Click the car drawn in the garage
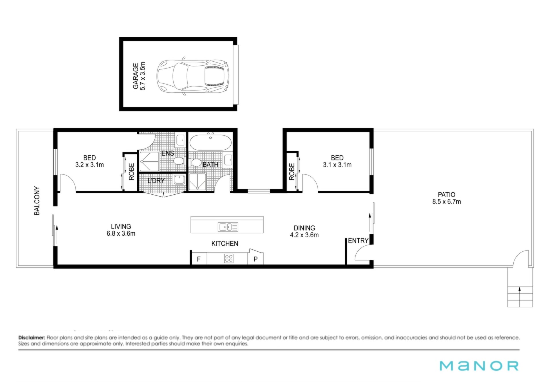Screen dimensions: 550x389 [x=193, y=76]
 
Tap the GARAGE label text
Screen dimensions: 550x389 [x=135, y=76]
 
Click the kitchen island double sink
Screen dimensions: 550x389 [x=228, y=227]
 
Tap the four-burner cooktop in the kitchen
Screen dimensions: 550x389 [x=229, y=258]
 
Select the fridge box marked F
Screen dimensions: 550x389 [x=199, y=259]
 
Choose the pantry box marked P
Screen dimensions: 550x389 [x=256, y=259]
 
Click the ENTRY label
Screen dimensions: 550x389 [x=358, y=241]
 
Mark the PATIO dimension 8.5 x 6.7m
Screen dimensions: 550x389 [x=447, y=202]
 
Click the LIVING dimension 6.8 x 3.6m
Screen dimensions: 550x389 [x=121, y=234]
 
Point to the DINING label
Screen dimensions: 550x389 [x=304, y=228]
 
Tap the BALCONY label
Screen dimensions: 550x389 [x=37, y=201]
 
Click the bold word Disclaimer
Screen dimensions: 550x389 [x=32, y=338]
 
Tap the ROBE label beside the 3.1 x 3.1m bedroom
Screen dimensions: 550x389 [x=292, y=171]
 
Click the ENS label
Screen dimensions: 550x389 [x=168, y=153]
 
